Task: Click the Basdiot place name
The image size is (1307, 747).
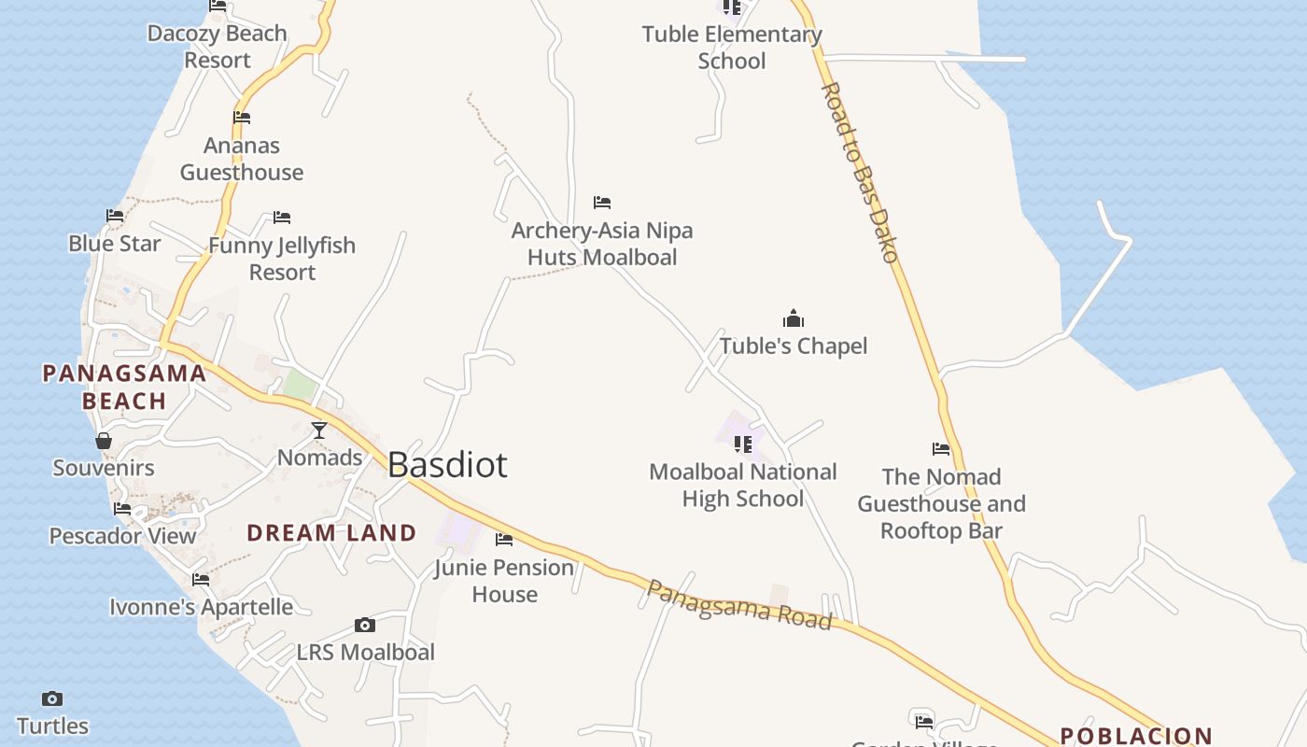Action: tap(447, 464)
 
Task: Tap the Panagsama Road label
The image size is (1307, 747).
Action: tap(738, 604)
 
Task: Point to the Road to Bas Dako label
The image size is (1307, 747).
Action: tap(860, 172)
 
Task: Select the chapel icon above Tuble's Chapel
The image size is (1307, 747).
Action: tap(794, 318)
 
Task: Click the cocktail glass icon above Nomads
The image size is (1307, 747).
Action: tap(319, 430)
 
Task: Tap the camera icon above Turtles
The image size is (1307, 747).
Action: tap(52, 698)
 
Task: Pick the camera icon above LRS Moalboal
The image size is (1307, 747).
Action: tap(365, 625)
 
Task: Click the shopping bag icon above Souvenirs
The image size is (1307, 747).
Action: tap(104, 440)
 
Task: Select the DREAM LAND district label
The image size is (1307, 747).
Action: tap(331, 533)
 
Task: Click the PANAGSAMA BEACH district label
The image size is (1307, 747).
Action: tap(124, 387)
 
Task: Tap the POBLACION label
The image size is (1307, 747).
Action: tap(1136, 736)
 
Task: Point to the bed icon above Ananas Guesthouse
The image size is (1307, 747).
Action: tap(242, 118)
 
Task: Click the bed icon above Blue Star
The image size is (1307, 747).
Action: tap(115, 216)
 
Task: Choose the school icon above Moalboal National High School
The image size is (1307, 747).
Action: tap(743, 444)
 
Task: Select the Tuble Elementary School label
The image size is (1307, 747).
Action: tap(732, 48)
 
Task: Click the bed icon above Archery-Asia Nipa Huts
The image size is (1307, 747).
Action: tap(602, 202)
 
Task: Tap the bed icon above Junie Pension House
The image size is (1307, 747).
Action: tap(504, 540)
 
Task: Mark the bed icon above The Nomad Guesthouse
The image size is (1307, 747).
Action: tap(941, 449)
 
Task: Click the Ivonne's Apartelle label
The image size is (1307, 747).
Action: tap(201, 607)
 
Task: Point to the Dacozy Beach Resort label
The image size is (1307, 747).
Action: tap(217, 47)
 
